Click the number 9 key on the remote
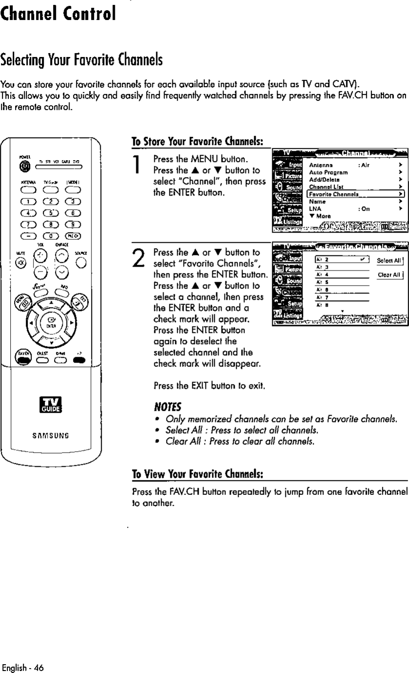[x=73, y=225]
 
